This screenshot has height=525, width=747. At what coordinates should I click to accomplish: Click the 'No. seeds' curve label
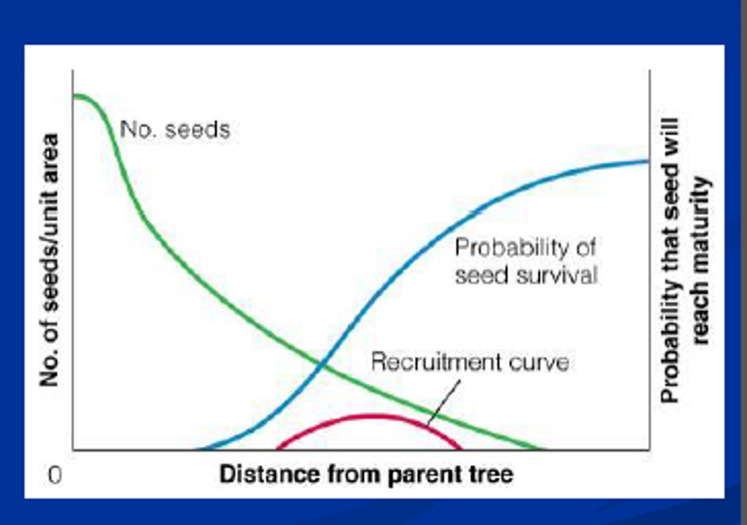175,129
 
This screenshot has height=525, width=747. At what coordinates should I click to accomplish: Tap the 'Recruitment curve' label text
469,362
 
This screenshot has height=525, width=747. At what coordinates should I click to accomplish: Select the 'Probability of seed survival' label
525,262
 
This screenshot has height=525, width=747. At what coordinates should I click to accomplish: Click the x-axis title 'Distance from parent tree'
366,474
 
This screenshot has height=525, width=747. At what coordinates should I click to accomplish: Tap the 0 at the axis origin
54,475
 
